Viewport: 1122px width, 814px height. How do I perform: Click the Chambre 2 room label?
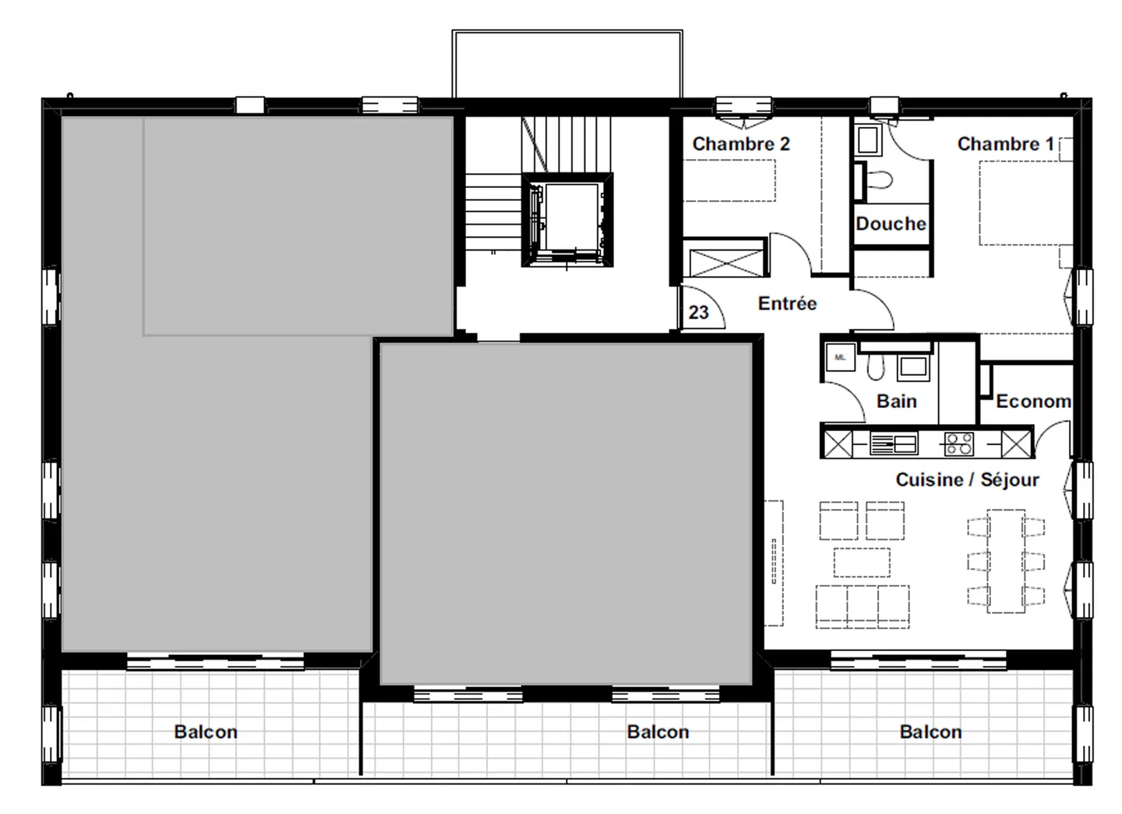tap(740, 144)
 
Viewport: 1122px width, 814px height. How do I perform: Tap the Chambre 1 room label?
tap(1004, 144)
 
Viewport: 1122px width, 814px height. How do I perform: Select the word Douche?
tap(891, 224)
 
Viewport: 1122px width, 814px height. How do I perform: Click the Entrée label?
tap(787, 303)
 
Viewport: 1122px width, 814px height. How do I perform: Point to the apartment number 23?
tap(699, 313)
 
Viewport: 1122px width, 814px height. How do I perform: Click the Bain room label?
tap(896, 402)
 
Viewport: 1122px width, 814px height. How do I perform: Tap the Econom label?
tap(1033, 402)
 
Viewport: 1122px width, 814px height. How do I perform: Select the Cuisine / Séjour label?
tap(967, 480)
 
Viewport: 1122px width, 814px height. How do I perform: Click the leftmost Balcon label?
tap(206, 732)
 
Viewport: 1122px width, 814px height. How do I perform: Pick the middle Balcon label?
tap(658, 732)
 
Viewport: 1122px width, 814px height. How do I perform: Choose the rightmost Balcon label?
tap(930, 732)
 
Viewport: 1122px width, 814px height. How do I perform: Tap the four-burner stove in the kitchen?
tap(958, 444)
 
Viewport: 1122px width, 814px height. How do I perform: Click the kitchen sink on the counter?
tap(894, 444)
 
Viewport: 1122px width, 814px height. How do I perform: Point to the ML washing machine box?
tap(840, 358)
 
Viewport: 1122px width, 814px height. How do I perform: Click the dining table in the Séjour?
tap(1005, 560)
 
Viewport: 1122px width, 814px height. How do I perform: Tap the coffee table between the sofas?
tap(861, 561)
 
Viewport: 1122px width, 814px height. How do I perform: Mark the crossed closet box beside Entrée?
tap(725, 262)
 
